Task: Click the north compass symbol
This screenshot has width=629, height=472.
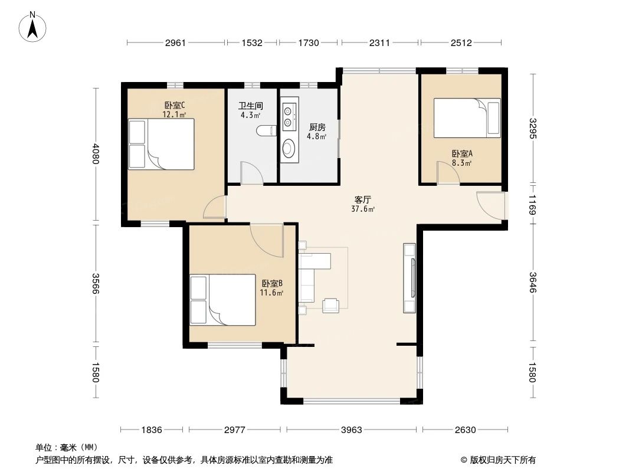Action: coord(34,27)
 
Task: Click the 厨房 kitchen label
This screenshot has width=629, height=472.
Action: coord(317,127)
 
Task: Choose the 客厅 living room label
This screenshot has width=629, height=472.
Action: coord(362,199)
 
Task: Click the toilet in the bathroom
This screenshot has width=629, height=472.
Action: coord(266,130)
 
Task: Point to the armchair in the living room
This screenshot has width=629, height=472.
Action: coord(331,304)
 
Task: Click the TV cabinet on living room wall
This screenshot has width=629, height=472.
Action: coord(409,277)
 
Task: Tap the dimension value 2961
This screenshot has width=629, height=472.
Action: coord(175,42)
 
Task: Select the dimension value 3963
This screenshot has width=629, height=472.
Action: coord(352,430)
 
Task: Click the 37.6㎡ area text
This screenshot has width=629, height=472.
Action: coord(362,208)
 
